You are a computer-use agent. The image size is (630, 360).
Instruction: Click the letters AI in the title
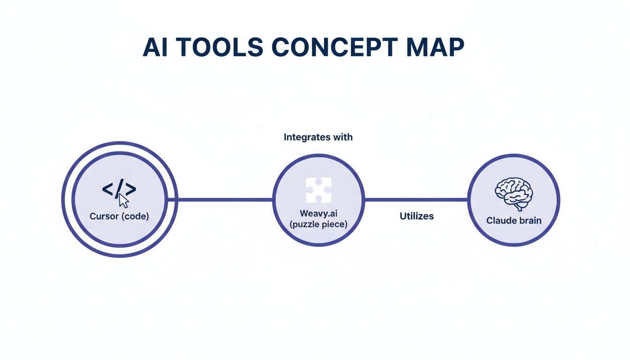(x=154, y=47)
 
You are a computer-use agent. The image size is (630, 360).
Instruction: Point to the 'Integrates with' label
(x=318, y=137)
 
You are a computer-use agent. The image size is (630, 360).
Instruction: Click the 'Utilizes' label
(x=416, y=216)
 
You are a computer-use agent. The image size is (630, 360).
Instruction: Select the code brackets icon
(x=119, y=189)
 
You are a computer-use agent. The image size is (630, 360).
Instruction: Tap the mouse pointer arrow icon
(x=124, y=201)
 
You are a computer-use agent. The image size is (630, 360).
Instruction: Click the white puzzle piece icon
(x=318, y=190)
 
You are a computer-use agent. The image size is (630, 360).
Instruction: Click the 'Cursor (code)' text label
(x=119, y=217)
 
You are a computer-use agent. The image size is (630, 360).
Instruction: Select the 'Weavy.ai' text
(x=318, y=214)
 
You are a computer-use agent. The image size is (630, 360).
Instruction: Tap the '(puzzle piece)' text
(x=318, y=225)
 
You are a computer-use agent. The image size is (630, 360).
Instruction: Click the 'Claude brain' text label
(x=514, y=220)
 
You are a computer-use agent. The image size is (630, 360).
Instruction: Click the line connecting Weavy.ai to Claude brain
(x=416, y=200)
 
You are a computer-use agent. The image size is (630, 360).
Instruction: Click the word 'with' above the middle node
(x=344, y=137)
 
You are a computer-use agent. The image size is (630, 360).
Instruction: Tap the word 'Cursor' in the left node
(x=104, y=217)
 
